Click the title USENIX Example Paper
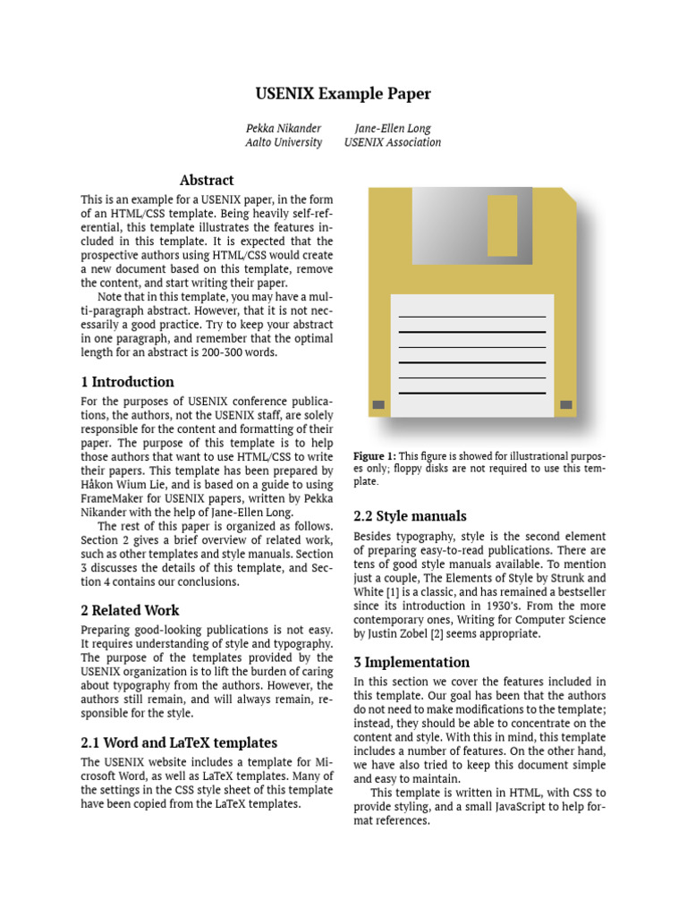(x=343, y=94)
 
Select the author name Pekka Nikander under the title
(x=283, y=128)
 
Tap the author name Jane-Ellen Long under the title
(x=392, y=128)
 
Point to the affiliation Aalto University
(x=283, y=142)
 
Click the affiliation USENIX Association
(x=392, y=142)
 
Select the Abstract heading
(x=207, y=180)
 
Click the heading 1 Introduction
(x=127, y=382)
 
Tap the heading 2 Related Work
(x=129, y=610)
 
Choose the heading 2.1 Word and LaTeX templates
(x=179, y=742)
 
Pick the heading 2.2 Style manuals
(x=410, y=516)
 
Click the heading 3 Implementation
(x=411, y=663)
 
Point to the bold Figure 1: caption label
(x=375, y=456)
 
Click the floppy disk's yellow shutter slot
(x=502, y=225)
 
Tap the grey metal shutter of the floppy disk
(x=465, y=228)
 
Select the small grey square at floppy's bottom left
(x=378, y=405)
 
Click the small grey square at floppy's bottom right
(x=565, y=405)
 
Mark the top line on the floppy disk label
(x=471, y=317)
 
